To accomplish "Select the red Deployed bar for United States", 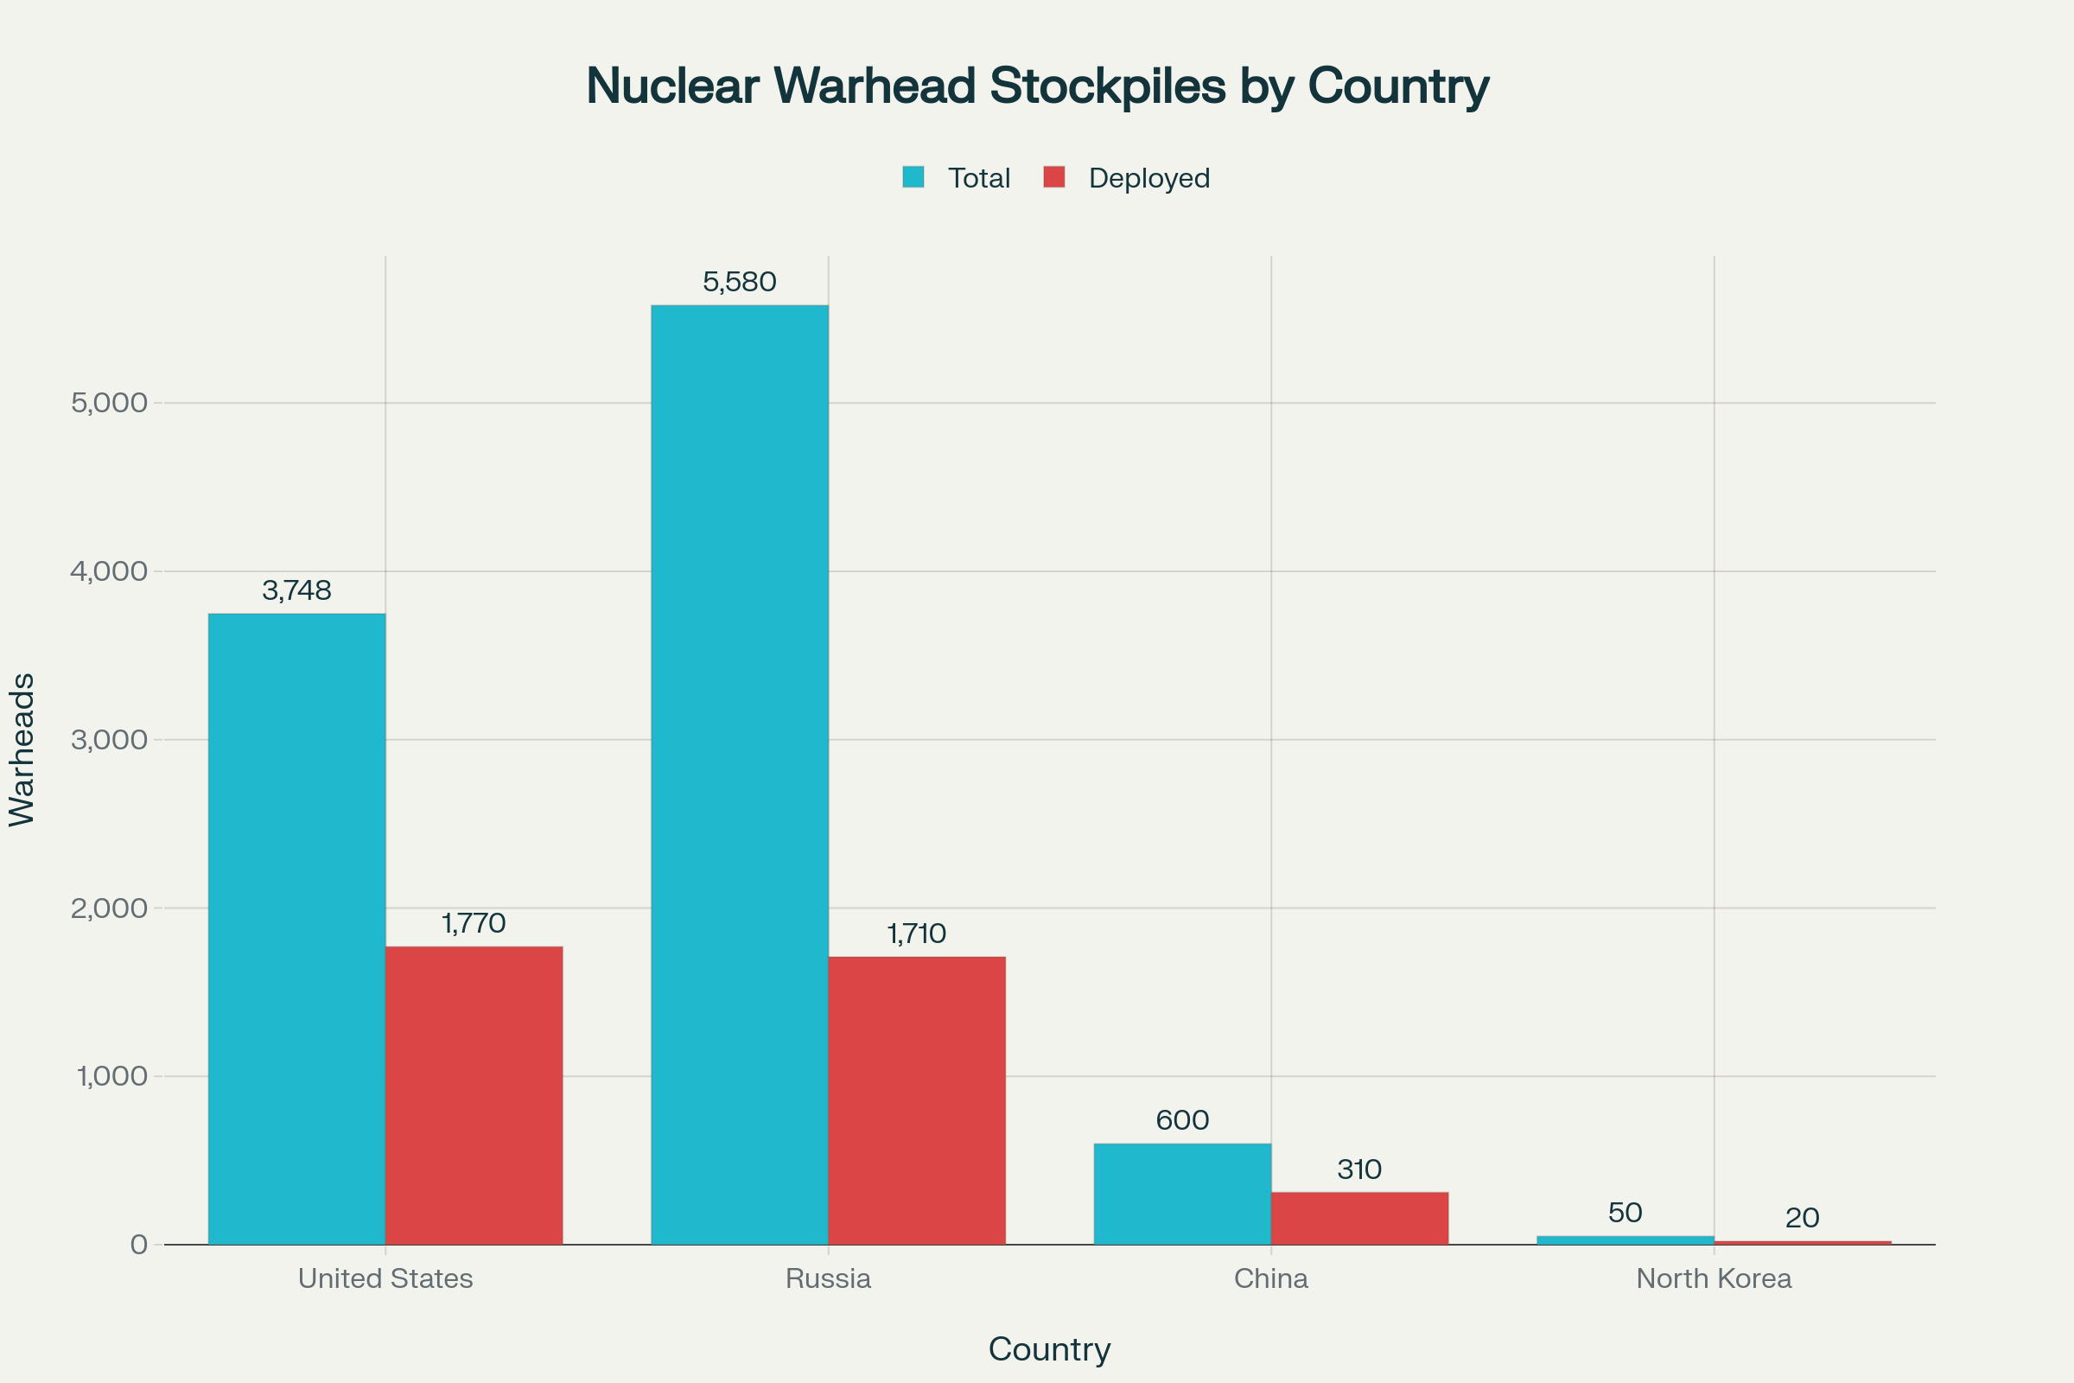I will tap(474, 1094).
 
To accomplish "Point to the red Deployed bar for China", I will tap(1358, 1218).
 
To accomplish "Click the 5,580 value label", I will tap(739, 283).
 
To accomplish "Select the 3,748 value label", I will tap(296, 591).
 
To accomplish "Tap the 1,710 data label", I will tap(916, 934).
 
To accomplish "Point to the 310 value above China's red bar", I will tap(1358, 1169).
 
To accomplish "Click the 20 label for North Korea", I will tap(1802, 1218).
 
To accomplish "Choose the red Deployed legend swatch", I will tap(1053, 177).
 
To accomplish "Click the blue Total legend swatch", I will tap(913, 177).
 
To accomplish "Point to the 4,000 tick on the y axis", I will tap(109, 571).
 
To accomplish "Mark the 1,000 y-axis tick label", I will tap(112, 1076).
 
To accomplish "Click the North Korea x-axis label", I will tap(1714, 1279).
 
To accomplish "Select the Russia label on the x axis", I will tap(828, 1279).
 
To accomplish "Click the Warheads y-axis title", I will tap(21, 749).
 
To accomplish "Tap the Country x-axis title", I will tap(1049, 1349).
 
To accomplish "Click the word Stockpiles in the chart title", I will tap(1107, 86).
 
